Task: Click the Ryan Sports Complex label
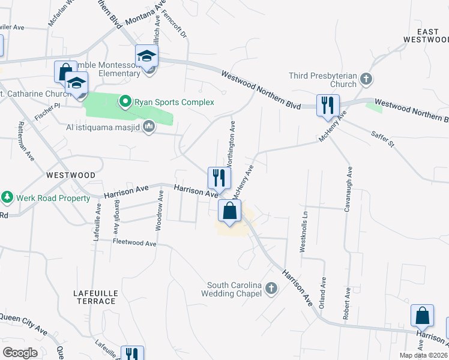pyautogui.click(x=174, y=102)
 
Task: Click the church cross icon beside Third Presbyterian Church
pyautogui.click(x=366, y=79)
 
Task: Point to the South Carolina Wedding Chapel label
pyautogui.click(x=234, y=289)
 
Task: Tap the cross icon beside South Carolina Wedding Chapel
pyautogui.click(x=271, y=289)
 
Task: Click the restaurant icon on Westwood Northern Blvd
pyautogui.click(x=327, y=105)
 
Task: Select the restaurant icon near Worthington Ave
pyautogui.click(x=218, y=178)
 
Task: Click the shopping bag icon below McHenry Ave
pyautogui.click(x=229, y=211)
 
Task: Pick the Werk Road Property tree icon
pyautogui.click(x=7, y=197)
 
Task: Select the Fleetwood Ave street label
pyautogui.click(x=134, y=242)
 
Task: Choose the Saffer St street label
pyautogui.click(x=382, y=141)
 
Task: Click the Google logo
pyautogui.click(x=20, y=352)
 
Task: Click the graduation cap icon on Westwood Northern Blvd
pyautogui.click(x=146, y=56)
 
